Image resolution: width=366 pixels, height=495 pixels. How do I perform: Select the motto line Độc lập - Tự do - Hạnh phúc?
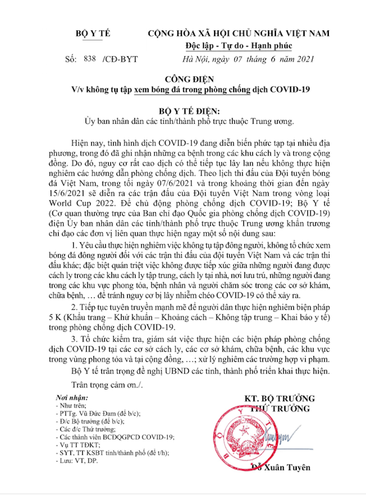pos(239,46)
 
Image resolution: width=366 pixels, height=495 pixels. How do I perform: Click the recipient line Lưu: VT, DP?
pos(77,460)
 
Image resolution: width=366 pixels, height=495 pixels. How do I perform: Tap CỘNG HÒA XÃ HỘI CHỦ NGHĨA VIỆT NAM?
pos(239,34)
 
